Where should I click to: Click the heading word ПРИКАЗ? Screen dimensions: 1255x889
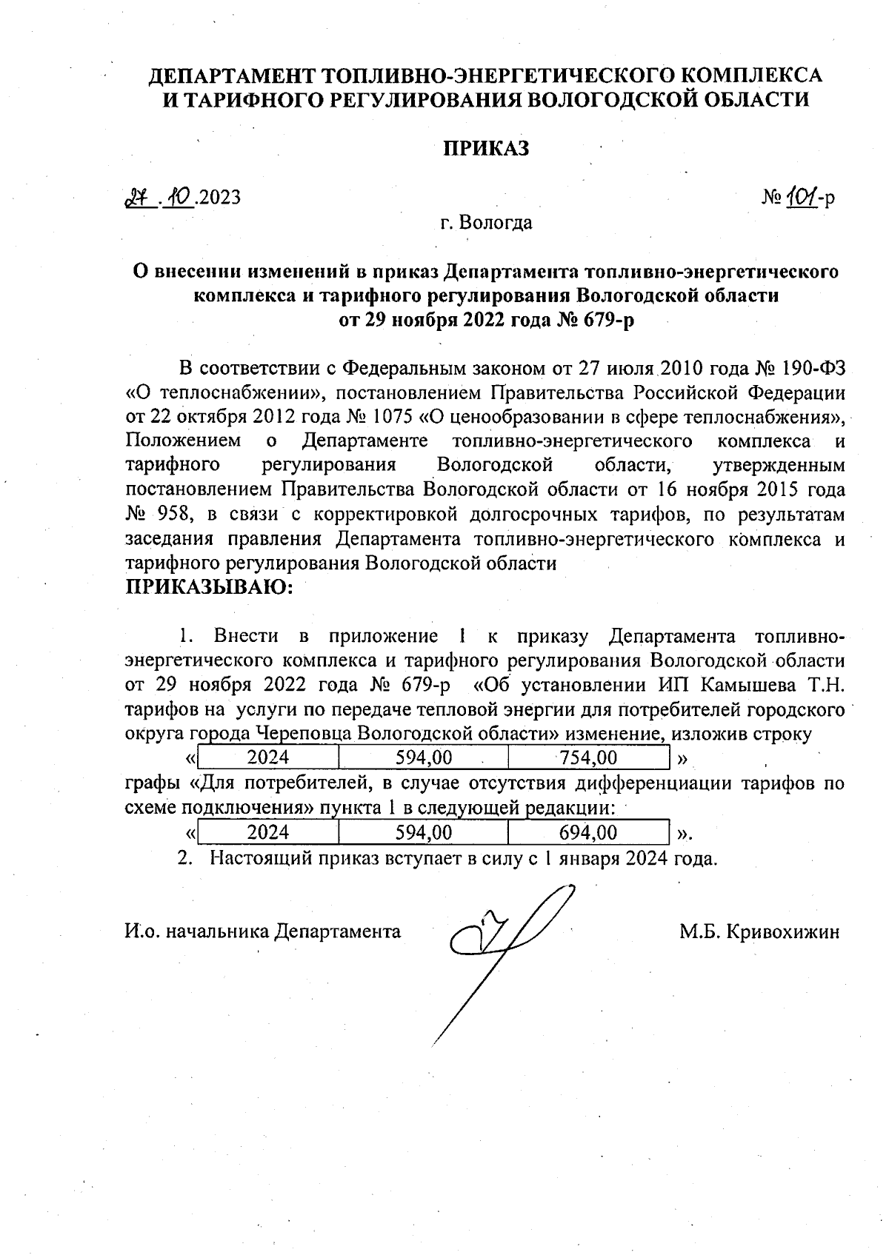coord(486,149)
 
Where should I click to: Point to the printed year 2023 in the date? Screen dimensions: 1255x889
coord(221,198)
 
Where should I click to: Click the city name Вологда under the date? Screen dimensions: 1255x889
coord(496,222)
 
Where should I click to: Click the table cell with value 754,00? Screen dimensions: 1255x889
coord(588,757)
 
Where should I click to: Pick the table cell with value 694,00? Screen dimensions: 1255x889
coord(588,833)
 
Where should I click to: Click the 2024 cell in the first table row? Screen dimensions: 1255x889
coord(268,757)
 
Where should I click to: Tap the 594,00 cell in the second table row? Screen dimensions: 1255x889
coord(423,833)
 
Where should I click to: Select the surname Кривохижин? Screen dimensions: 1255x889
coord(784,931)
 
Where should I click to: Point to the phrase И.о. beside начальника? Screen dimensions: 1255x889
coord(141,931)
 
